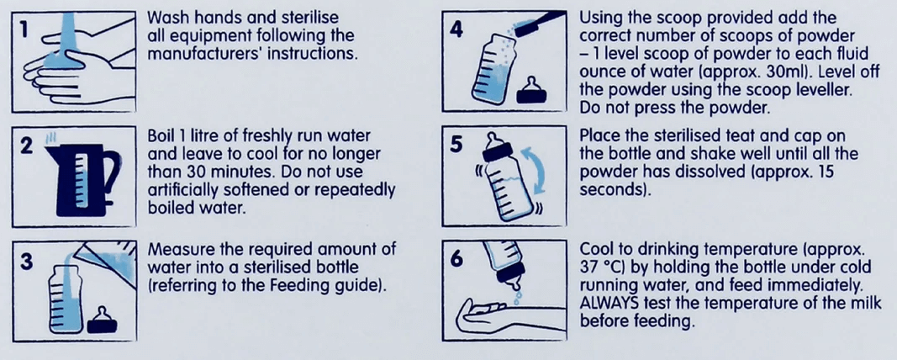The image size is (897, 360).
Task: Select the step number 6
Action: click(456, 259)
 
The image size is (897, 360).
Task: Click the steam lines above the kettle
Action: click(54, 138)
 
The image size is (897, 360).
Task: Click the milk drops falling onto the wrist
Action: click(519, 294)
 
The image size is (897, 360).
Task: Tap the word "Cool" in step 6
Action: click(596, 250)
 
